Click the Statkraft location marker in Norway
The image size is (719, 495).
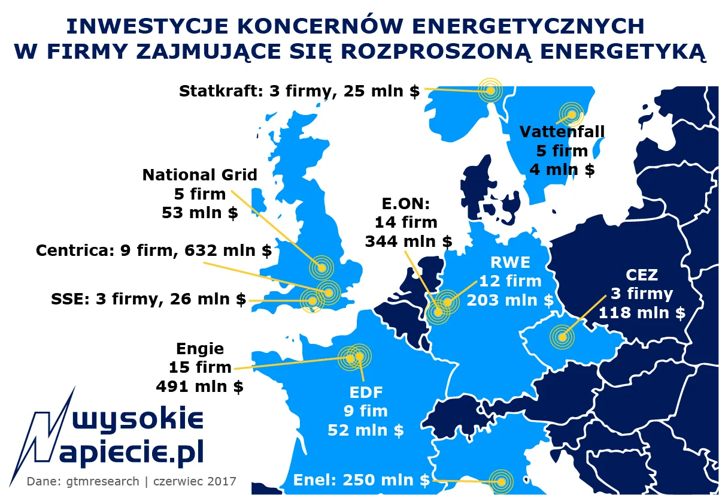(490, 90)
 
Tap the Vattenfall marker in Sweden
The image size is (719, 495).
(571, 114)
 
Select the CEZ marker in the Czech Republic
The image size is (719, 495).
(562, 336)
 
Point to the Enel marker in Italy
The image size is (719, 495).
(500, 481)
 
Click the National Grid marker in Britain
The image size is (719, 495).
(321, 267)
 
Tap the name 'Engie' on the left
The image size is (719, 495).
(200, 349)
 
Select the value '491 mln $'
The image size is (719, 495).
(200, 387)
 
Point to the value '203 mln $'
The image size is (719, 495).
(510, 300)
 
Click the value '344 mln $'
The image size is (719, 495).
(408, 242)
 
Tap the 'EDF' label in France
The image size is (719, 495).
(365, 393)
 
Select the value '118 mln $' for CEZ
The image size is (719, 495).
(642, 312)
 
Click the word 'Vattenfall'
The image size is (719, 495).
(562, 131)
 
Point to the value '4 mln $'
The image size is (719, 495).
(562, 170)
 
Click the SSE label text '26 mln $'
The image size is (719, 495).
(208, 299)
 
